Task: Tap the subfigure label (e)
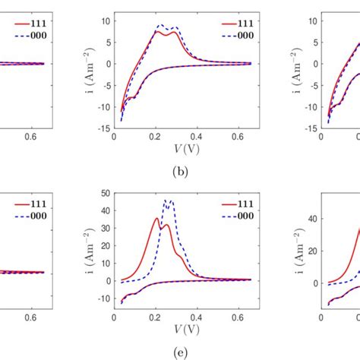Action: [179, 351]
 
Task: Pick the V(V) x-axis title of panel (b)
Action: [179, 150]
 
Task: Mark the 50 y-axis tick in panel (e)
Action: [105, 194]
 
